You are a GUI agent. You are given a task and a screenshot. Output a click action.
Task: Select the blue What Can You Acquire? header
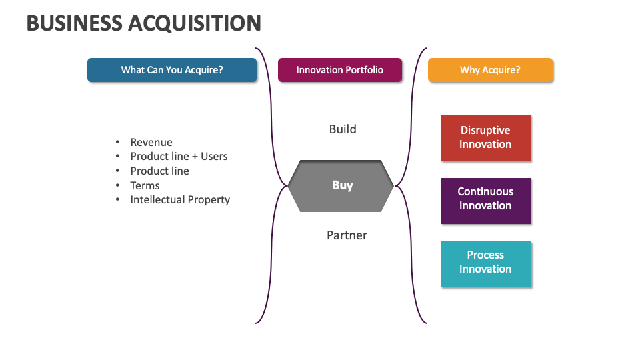click(172, 70)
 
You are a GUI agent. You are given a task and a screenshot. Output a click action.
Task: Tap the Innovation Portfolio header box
click(340, 70)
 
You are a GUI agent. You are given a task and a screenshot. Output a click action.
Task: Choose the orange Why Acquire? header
click(490, 70)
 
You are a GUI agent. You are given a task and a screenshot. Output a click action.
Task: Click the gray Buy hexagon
click(342, 185)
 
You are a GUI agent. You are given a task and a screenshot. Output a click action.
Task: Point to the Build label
click(343, 129)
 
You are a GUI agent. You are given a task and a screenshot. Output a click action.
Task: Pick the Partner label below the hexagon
click(347, 235)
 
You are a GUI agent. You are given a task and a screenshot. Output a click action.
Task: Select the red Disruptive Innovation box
click(485, 138)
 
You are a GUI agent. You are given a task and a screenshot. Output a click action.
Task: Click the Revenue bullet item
click(151, 142)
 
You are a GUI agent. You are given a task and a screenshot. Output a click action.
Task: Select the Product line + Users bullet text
click(179, 156)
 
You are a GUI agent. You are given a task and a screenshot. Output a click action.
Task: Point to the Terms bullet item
click(145, 185)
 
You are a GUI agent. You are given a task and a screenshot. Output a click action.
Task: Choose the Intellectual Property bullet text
click(180, 199)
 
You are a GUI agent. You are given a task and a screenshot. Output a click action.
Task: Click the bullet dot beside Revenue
click(117, 142)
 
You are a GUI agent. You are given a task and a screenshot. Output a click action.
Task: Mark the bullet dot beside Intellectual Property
click(117, 199)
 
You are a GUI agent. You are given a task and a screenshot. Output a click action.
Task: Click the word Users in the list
click(214, 156)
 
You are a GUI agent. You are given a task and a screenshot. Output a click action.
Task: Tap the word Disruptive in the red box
click(485, 131)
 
